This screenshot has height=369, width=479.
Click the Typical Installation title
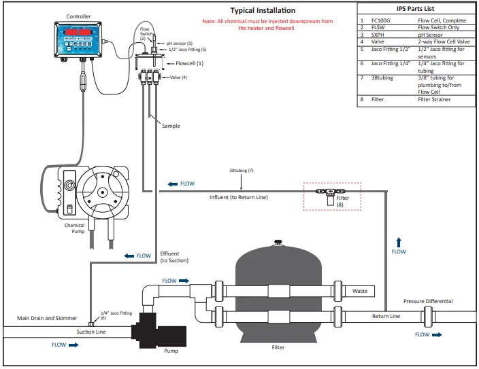pyautogui.click(x=263, y=10)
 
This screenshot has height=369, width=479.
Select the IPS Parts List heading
pyautogui.click(x=416, y=9)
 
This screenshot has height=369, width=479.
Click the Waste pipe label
pyautogui.click(x=360, y=291)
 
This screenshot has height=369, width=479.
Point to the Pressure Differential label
pyautogui.click(x=427, y=301)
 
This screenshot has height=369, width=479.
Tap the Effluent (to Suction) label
pyautogui.click(x=174, y=257)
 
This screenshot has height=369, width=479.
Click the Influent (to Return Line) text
pyautogui.click(x=238, y=197)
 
